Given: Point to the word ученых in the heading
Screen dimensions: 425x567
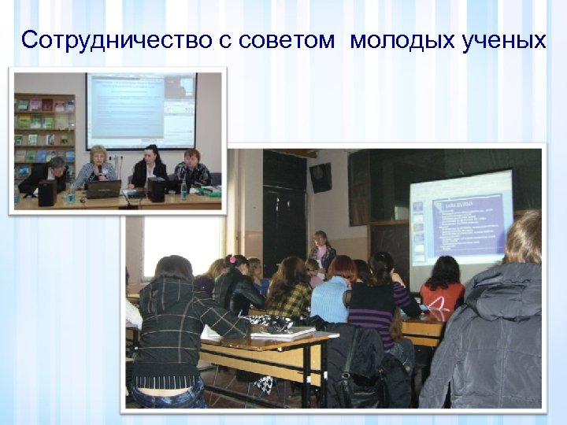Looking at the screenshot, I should (501, 40).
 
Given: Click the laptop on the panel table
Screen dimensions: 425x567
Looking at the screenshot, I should (104, 189).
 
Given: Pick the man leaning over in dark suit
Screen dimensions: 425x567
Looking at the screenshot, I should (47, 174).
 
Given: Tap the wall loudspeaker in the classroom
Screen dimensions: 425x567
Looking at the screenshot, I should (321, 177).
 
